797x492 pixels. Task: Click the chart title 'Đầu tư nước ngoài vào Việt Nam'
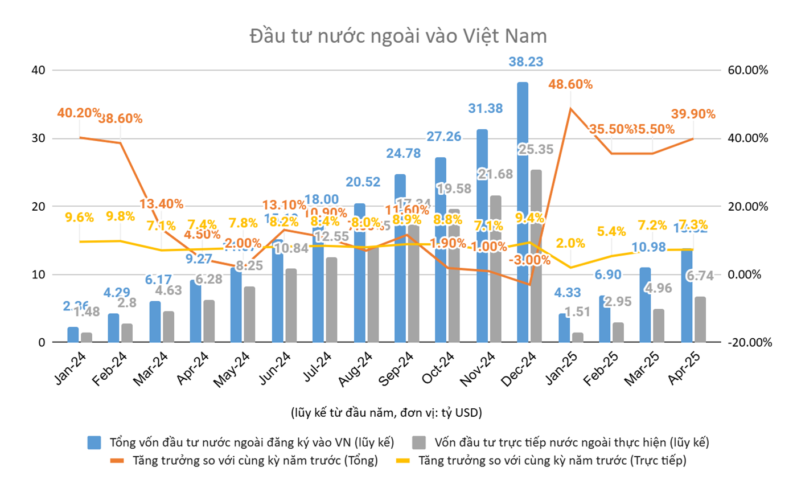398,36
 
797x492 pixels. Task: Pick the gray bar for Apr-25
700,319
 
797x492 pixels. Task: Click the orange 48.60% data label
570,84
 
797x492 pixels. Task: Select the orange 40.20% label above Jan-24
79,113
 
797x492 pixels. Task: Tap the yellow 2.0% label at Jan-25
570,243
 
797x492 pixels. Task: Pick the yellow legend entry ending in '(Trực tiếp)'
552,461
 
